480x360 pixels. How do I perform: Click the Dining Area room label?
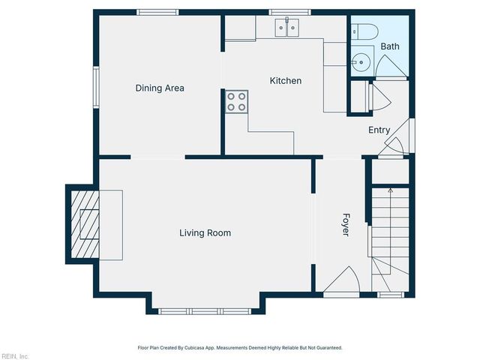(x=160, y=88)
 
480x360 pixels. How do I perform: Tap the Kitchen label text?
(x=286, y=80)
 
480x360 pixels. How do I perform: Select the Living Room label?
(x=205, y=232)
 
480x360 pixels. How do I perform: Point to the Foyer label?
(x=346, y=226)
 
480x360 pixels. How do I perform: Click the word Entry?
(x=379, y=130)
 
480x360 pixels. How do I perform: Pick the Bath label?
(x=390, y=46)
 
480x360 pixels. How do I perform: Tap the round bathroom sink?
(x=361, y=60)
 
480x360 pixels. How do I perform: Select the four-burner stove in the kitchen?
(x=237, y=101)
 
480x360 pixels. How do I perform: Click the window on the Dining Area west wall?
(x=96, y=87)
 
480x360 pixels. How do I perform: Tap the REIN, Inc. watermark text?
(x=15, y=355)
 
